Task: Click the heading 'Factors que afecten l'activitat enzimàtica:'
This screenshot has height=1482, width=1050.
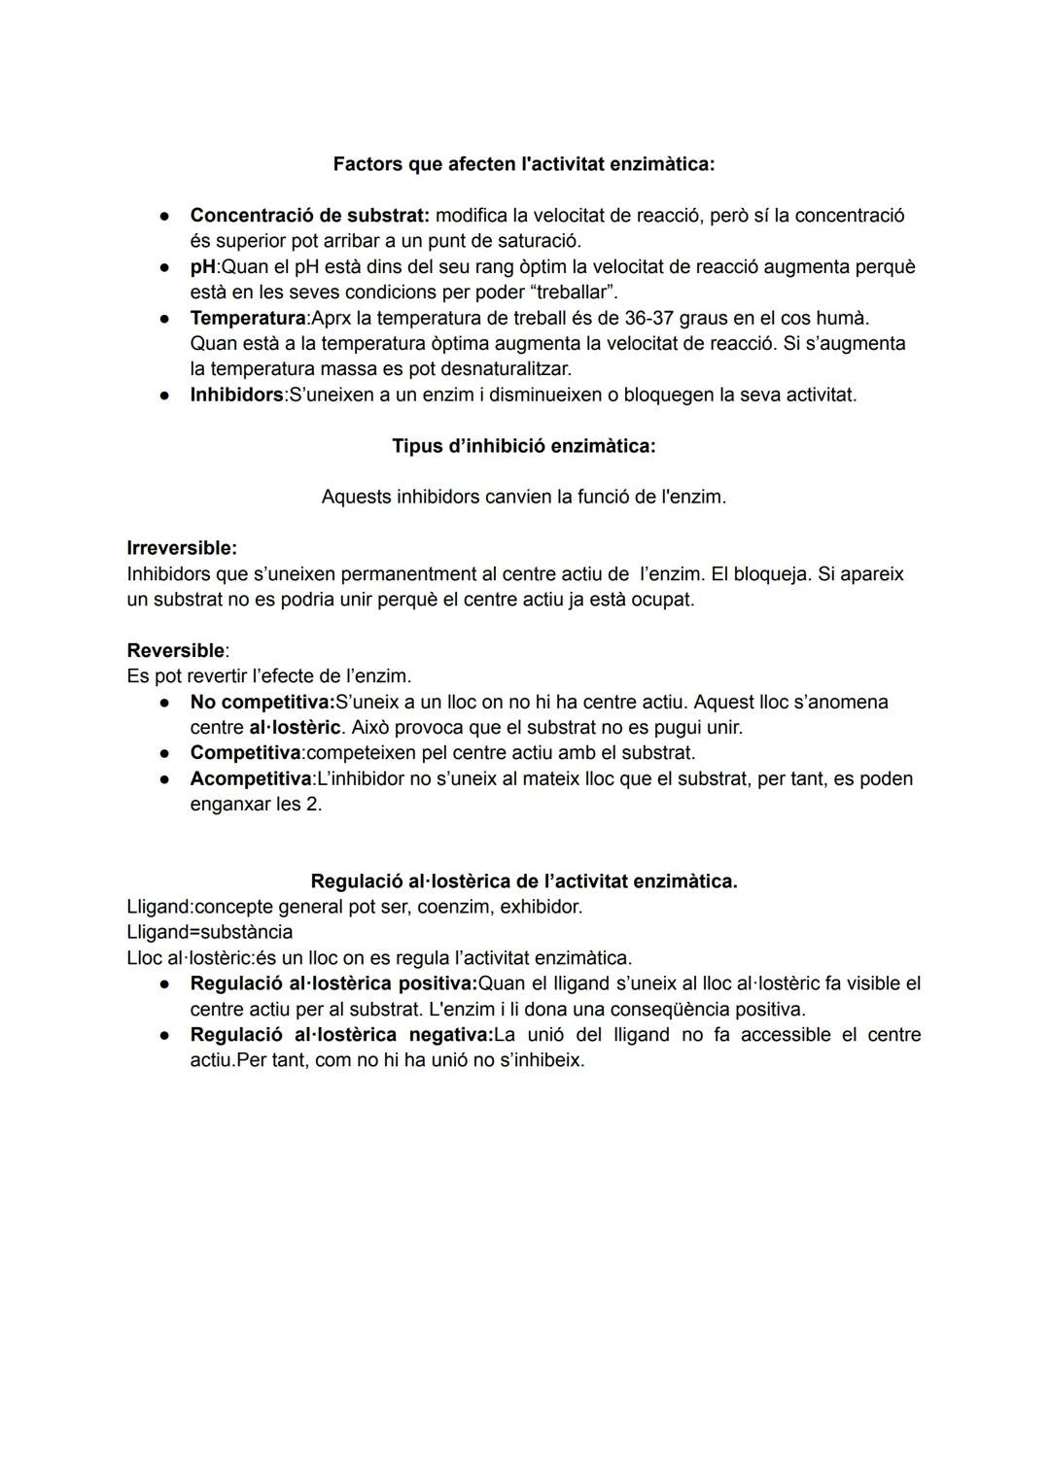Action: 523,164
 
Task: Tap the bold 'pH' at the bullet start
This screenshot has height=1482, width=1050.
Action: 202,266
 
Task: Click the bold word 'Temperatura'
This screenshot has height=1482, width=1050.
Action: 247,318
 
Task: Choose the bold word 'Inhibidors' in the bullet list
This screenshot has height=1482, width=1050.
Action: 235,395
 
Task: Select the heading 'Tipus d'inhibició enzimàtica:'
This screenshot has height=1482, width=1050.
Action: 523,446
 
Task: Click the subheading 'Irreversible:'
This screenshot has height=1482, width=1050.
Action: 182,548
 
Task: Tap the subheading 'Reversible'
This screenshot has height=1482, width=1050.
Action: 175,650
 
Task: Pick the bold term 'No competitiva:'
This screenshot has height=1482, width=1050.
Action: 262,702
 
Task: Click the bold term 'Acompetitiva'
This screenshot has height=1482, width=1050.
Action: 251,778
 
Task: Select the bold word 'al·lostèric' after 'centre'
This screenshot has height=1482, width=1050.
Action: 295,727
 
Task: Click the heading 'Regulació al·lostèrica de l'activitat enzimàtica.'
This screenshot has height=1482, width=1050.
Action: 523,881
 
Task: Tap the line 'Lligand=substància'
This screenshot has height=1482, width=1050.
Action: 209,932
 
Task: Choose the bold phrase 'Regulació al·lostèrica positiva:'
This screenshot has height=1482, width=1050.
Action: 333,983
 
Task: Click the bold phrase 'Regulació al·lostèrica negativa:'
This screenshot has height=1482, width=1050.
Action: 341,1034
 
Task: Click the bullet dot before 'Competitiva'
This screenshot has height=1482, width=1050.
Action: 167,753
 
